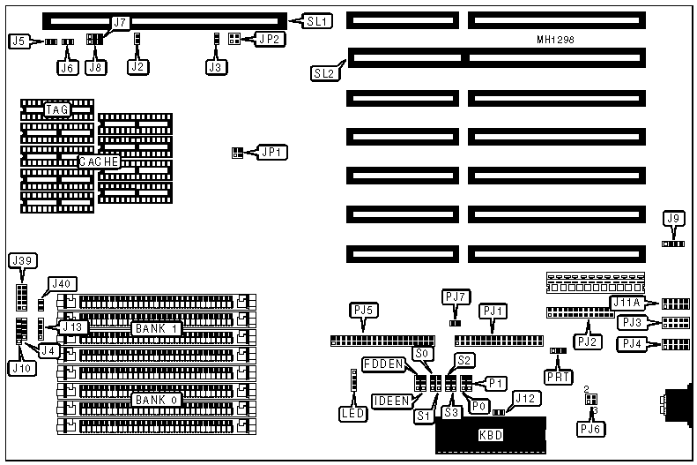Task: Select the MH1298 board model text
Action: pos(558,41)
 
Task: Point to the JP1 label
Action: pos(269,153)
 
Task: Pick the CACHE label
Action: pos(99,162)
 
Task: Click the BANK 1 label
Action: pos(156,328)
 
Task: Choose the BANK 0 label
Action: pos(157,400)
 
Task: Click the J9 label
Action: pos(674,220)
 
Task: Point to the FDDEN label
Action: pos(382,364)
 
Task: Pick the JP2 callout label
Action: pos(269,39)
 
